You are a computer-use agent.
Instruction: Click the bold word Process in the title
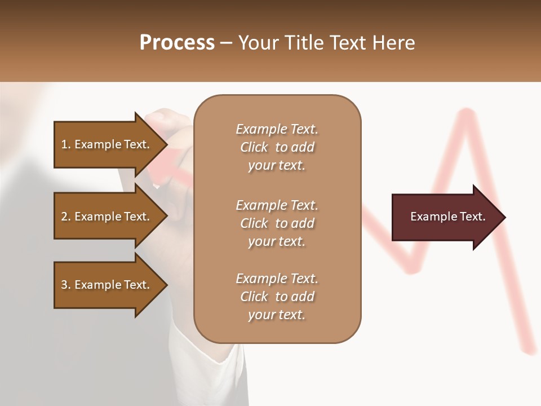click(x=177, y=43)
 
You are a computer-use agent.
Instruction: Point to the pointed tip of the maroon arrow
click(x=504, y=217)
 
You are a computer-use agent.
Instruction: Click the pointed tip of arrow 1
click(x=166, y=144)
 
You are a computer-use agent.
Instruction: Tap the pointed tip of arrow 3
click(x=166, y=285)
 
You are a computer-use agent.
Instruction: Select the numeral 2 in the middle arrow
click(x=64, y=217)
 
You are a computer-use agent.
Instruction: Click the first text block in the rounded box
click(x=277, y=147)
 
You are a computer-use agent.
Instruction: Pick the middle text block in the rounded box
click(x=277, y=223)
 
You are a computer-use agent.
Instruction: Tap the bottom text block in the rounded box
click(x=277, y=297)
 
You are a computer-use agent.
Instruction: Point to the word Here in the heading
click(x=394, y=43)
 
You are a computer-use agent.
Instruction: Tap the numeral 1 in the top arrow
click(x=64, y=144)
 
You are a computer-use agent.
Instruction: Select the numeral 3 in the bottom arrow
click(x=64, y=285)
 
